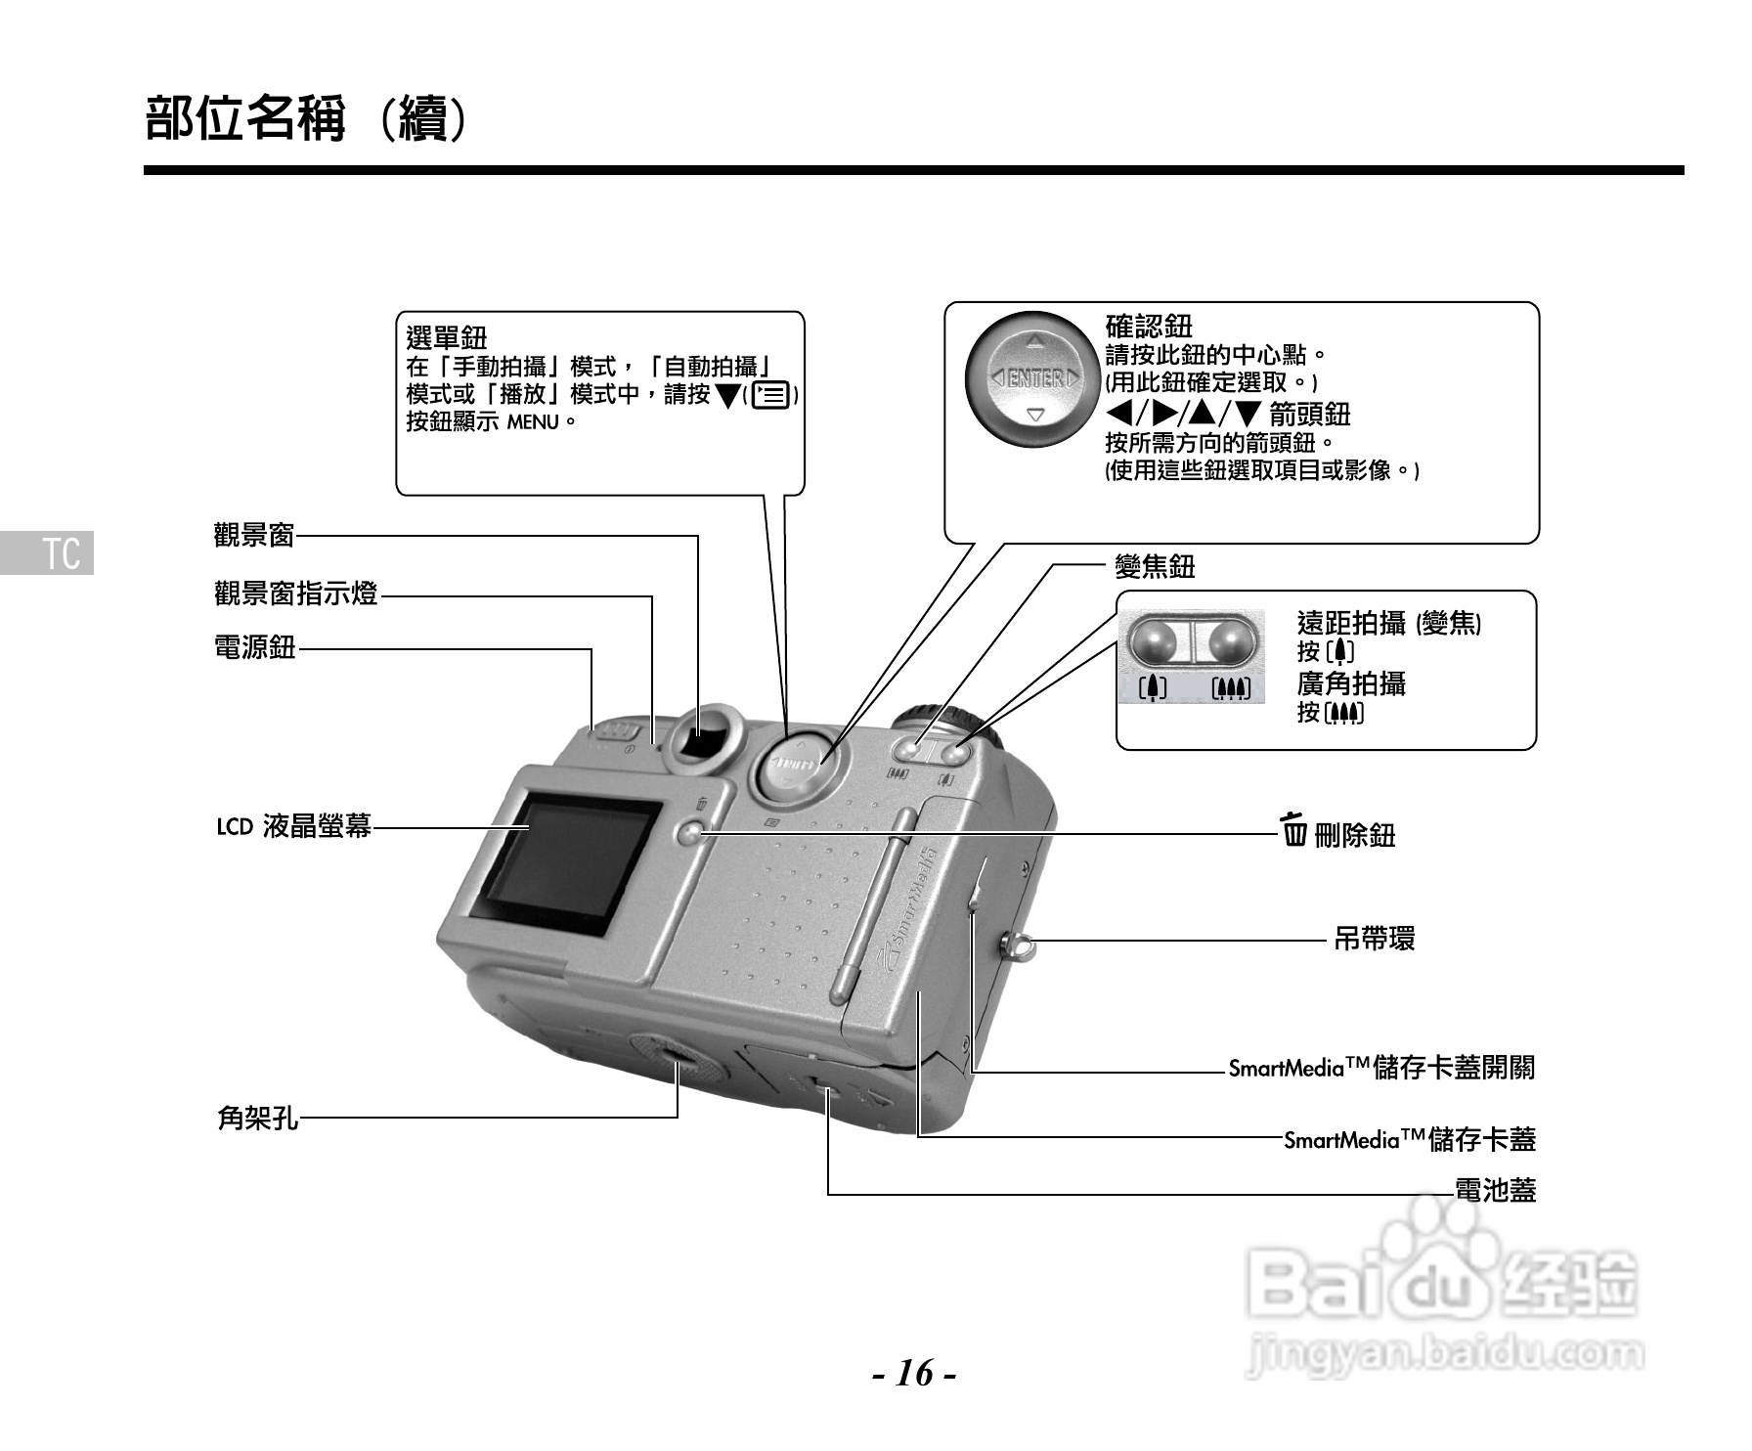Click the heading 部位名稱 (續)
(x=309, y=118)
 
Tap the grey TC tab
(x=48, y=552)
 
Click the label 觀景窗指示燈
(x=295, y=594)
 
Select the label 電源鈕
(x=254, y=647)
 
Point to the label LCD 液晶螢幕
(x=293, y=827)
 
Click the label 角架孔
(x=257, y=1117)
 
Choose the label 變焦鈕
(x=1155, y=566)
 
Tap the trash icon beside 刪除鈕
(x=1295, y=830)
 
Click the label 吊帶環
(x=1374, y=940)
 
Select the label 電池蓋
(x=1495, y=1191)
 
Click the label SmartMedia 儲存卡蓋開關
(x=1380, y=1068)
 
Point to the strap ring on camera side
(x=1017, y=945)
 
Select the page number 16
(x=914, y=1374)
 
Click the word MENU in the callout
(x=532, y=422)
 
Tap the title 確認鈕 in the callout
(x=1149, y=326)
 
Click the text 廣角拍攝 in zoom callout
(x=1351, y=682)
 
